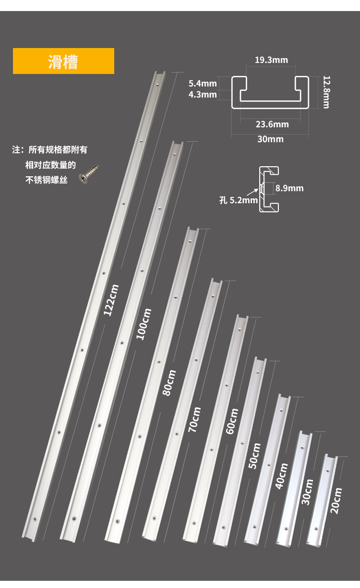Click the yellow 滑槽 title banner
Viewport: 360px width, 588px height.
tap(63, 61)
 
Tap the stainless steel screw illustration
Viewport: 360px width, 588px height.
tap(90, 174)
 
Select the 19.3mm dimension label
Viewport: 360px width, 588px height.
tap(271, 60)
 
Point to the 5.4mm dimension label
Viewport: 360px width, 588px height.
tap(203, 84)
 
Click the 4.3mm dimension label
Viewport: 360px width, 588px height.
tap(203, 94)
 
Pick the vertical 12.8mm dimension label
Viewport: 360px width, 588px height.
tap(326, 91)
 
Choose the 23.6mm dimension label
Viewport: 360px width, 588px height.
tap(272, 124)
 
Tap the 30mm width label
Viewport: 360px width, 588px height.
tap(270, 139)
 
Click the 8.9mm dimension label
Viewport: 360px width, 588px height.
tap(289, 188)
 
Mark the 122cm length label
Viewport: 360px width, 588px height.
tap(111, 300)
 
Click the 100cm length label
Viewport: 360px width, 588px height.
tap(144, 324)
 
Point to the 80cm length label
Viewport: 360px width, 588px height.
tap(169, 382)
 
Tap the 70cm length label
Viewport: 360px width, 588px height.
tap(194, 419)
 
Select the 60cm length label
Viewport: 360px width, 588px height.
tap(232, 421)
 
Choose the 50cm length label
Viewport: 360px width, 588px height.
tap(255, 456)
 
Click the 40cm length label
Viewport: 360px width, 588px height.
tap(282, 476)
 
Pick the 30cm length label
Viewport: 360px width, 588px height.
tap(308, 492)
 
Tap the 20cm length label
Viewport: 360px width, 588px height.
tap(336, 501)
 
